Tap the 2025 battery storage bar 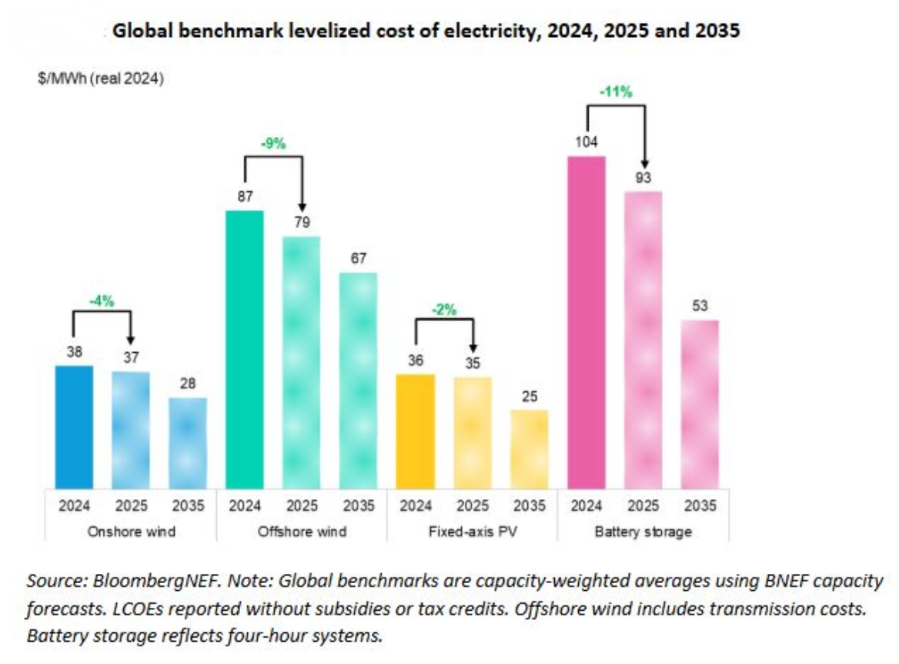(643, 339)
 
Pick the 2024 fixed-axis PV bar (416, 431)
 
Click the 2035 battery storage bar (700, 404)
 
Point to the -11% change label (616, 92)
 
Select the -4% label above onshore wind (102, 301)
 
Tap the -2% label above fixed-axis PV (444, 310)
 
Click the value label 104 (586, 142)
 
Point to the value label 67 (359, 258)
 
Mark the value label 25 (530, 396)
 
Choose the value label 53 (700, 306)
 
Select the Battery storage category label (642, 532)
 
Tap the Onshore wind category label (132, 532)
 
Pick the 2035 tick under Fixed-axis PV (530, 506)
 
